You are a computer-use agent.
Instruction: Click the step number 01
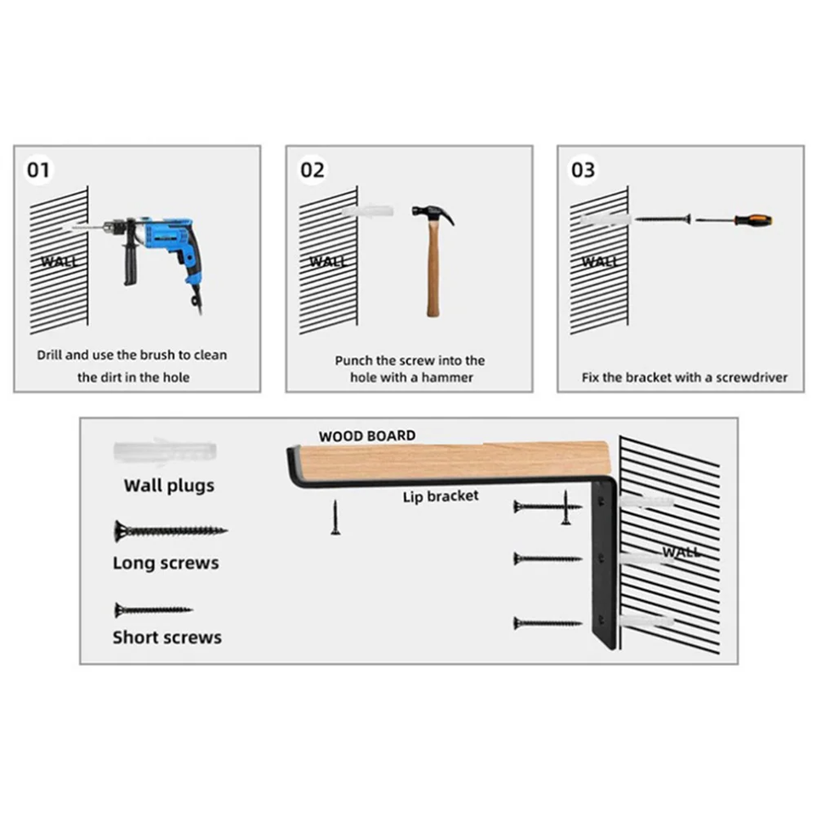[x=38, y=169]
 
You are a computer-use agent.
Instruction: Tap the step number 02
[x=312, y=170]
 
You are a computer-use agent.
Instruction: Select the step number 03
[x=583, y=170]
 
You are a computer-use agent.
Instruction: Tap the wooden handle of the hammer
[x=432, y=272]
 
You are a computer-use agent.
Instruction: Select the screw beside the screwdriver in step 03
[x=662, y=219]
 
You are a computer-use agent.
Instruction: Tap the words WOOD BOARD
[x=367, y=436]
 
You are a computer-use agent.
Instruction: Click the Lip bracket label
[x=440, y=496]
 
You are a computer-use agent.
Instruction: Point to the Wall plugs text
[x=169, y=486]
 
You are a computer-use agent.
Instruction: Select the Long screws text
[x=166, y=563]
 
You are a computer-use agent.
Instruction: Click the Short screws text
[x=167, y=637]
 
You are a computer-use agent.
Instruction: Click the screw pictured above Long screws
[x=169, y=532]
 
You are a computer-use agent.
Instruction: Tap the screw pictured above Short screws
[x=153, y=609]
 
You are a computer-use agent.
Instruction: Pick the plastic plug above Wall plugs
[x=165, y=450]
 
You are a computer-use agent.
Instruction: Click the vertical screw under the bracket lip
[x=335, y=518]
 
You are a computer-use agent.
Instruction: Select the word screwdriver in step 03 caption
[x=751, y=377]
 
